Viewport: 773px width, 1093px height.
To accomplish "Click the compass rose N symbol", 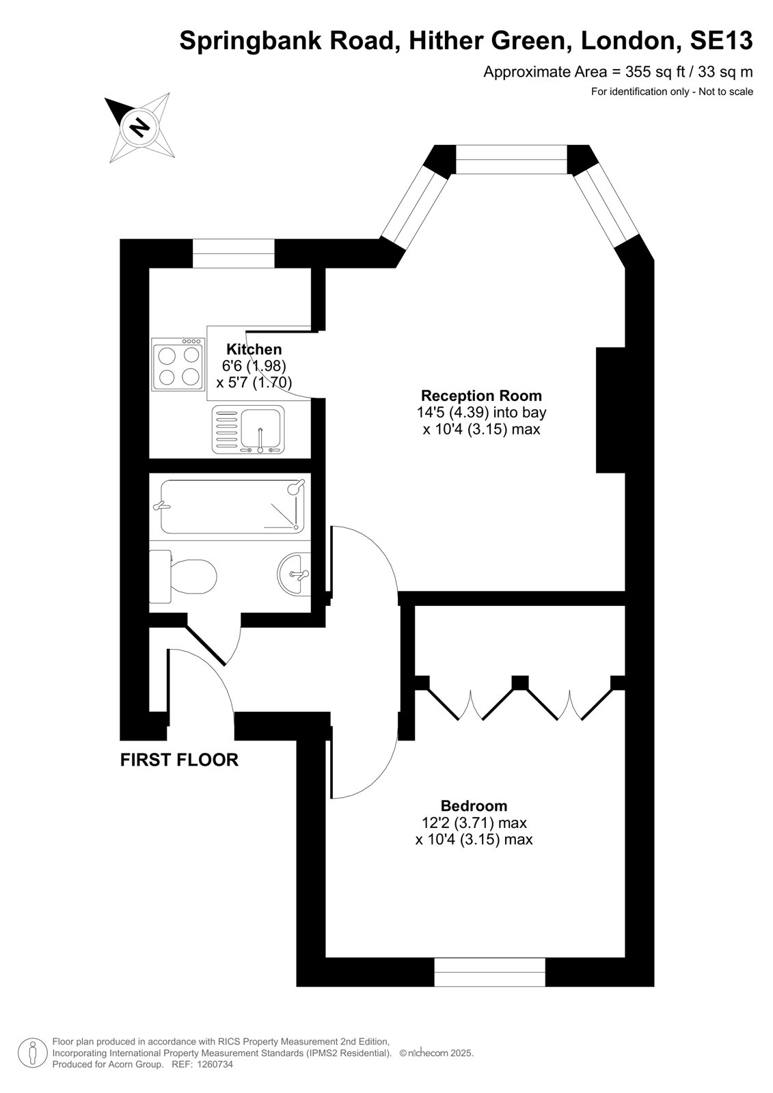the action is coord(139,128).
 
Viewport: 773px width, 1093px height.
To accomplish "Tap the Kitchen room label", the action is coord(254,349).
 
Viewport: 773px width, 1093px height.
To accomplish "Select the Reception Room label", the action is coord(481,396).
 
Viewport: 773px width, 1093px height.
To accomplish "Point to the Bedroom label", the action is coord(474,805).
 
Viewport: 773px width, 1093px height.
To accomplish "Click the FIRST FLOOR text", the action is coord(179,760).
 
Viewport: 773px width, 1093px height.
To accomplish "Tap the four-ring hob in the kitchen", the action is coord(178,365).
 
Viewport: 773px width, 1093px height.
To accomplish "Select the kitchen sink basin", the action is coord(262,428).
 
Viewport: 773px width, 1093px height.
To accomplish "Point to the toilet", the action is coord(182,577).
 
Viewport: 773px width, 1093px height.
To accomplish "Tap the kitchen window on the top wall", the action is coord(234,253).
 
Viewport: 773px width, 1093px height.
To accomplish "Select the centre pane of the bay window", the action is coord(511,159).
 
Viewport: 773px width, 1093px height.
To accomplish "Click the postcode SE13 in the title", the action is coord(721,40).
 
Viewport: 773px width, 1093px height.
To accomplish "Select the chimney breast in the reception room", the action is coord(610,410).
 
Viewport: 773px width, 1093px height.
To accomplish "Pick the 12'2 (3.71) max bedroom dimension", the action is coord(474,822).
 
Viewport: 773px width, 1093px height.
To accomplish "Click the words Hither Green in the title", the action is coord(487,40).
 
